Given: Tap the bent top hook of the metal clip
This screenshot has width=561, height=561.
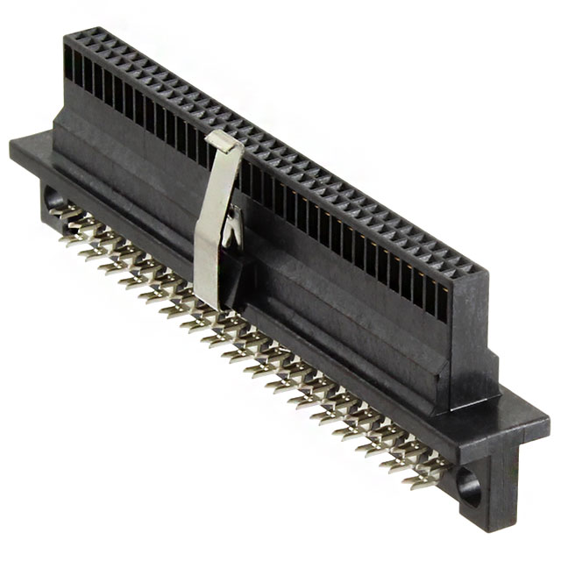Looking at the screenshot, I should coord(227,140).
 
